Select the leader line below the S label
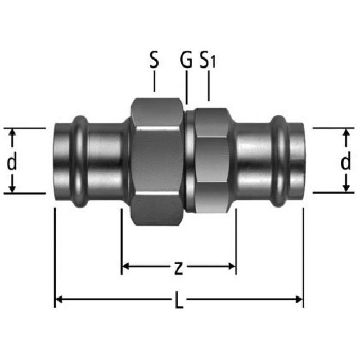point(154,82)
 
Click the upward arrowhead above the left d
point(12,132)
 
